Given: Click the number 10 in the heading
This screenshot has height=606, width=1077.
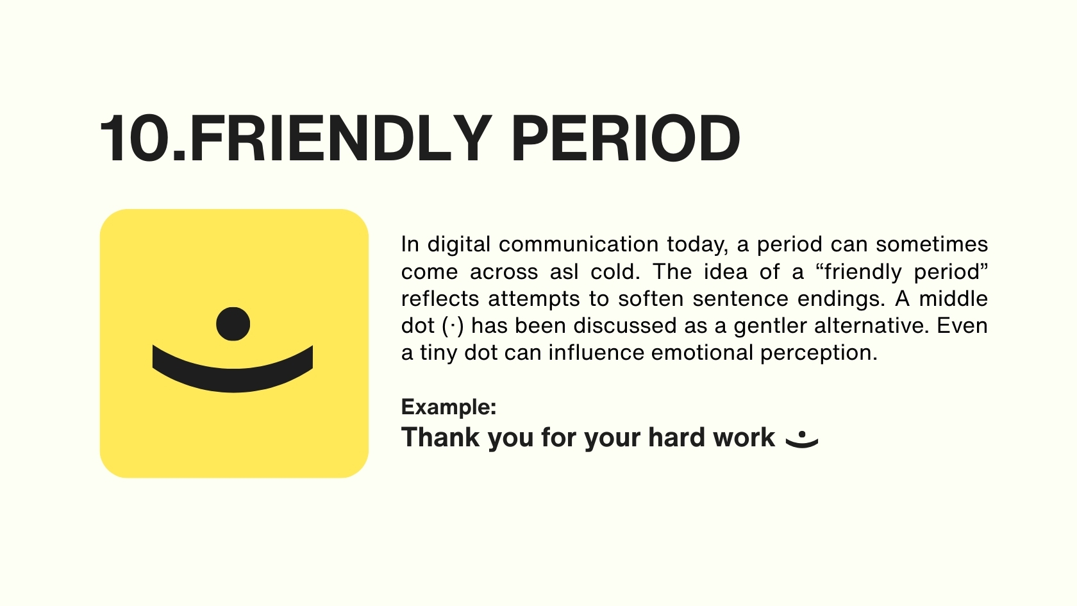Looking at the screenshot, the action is (136, 139).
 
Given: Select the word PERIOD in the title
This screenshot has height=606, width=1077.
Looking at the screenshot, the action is (626, 139).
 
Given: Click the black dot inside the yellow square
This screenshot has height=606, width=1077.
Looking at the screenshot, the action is (233, 324).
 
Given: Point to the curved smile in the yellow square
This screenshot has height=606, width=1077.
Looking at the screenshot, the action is (233, 380).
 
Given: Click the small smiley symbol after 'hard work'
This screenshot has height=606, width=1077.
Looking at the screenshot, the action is (801, 439).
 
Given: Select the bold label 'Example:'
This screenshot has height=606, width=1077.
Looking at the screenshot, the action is (449, 407).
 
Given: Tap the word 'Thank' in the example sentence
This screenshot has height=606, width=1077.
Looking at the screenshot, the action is (440, 437).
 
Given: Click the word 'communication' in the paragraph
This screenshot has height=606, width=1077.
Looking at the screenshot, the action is (578, 244).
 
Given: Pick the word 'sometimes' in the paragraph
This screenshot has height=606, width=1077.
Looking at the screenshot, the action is (932, 244).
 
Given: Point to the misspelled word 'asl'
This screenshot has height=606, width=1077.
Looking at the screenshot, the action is (564, 272).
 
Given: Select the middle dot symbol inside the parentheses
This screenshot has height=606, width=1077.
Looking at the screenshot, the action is (453, 325).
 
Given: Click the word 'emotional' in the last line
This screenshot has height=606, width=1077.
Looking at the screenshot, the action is (702, 353).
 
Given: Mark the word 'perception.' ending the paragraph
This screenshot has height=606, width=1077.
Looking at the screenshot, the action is (819, 353).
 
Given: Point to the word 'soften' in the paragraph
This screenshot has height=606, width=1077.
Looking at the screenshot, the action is (651, 299).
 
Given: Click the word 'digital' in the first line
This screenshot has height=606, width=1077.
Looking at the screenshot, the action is (459, 245).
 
